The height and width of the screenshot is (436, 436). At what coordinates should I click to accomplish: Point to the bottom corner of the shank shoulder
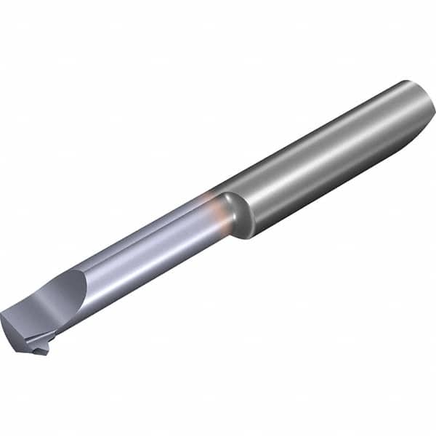pos(251,235)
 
